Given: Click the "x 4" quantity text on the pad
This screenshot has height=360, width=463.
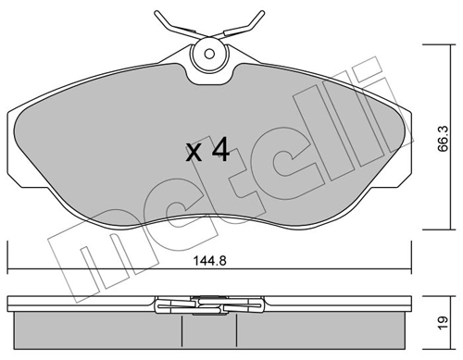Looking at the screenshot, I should (206, 151).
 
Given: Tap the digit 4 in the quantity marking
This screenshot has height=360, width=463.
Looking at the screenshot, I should (219, 151).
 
